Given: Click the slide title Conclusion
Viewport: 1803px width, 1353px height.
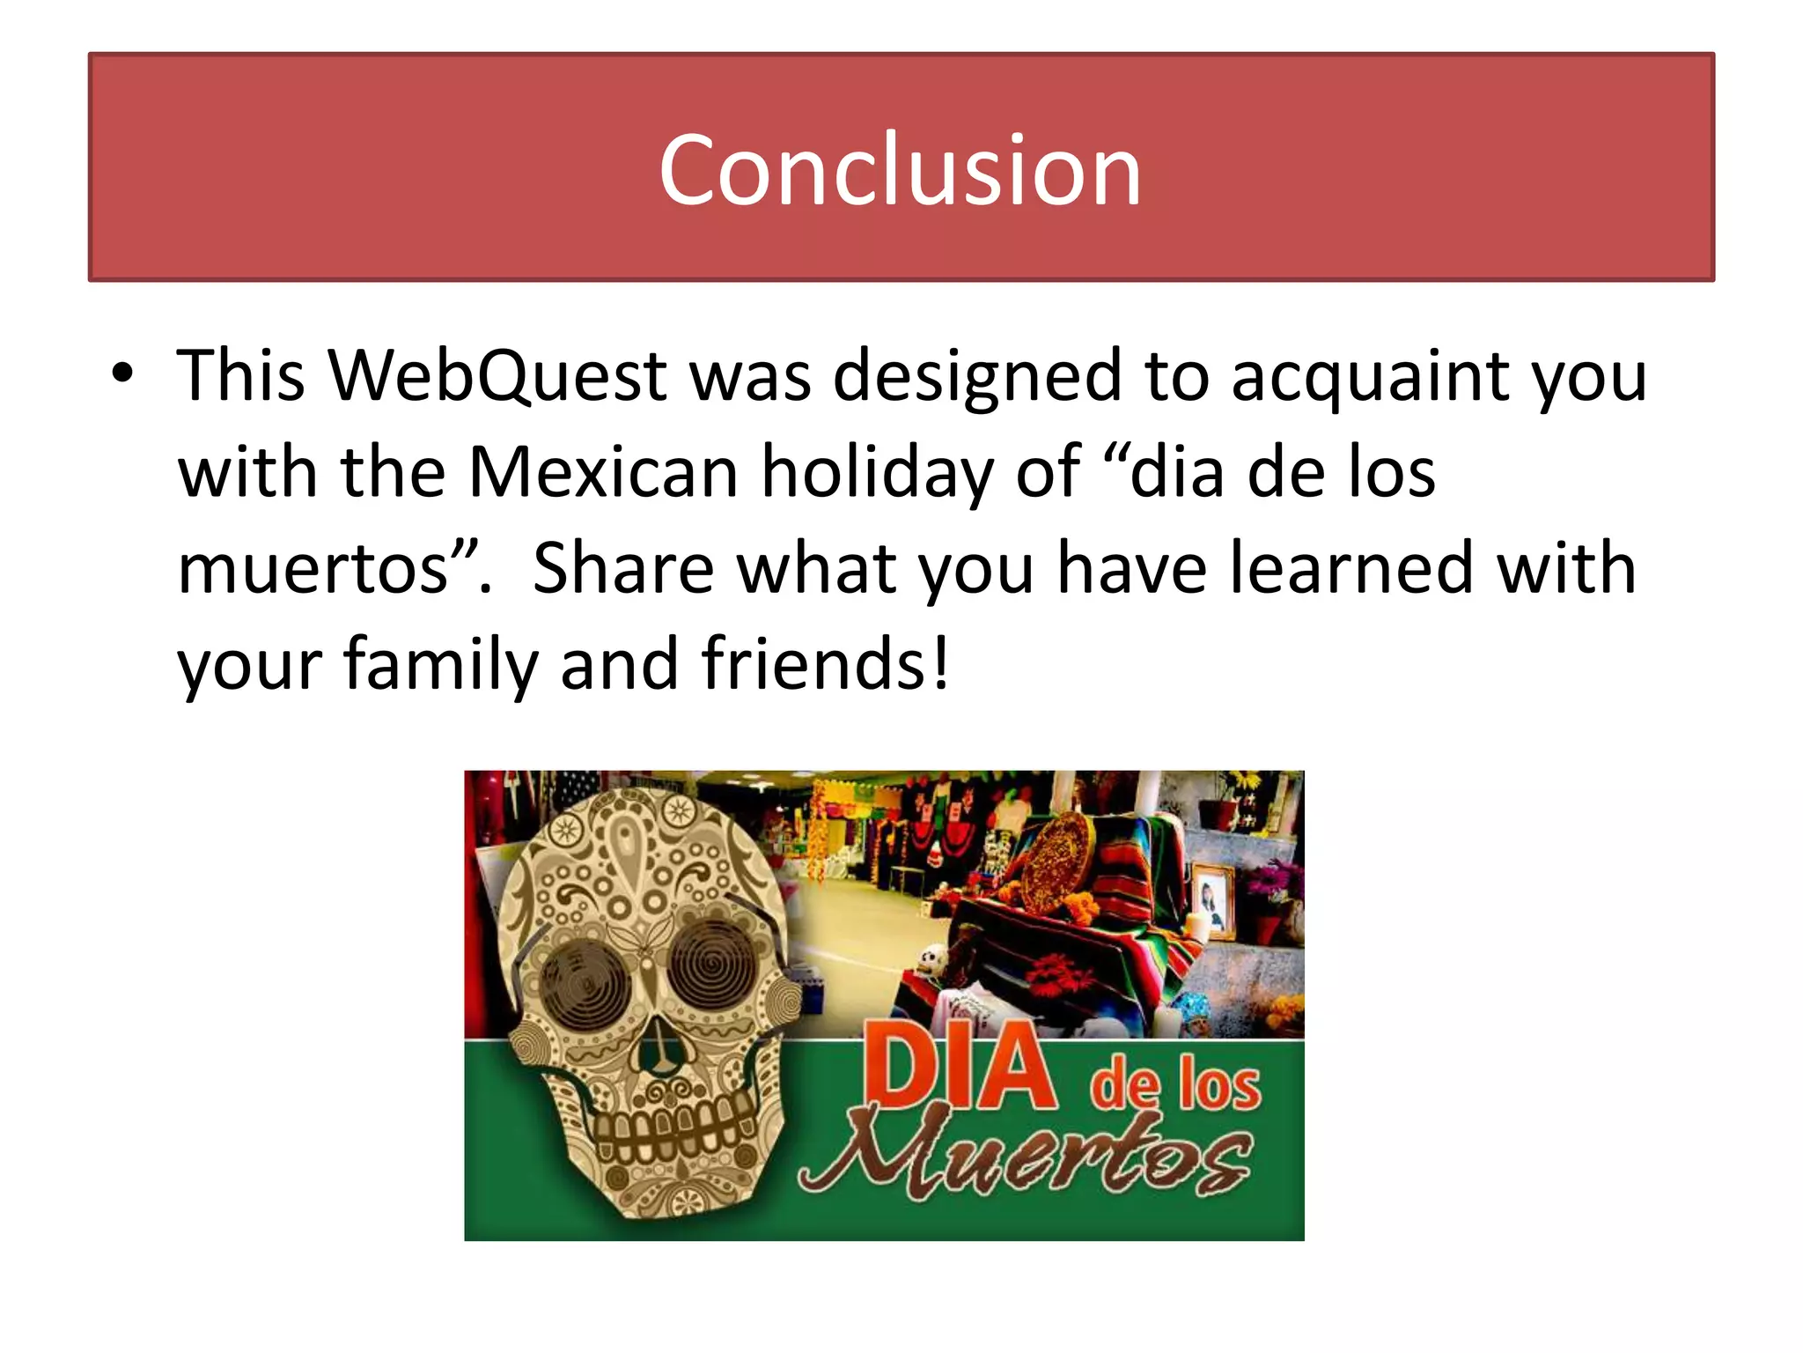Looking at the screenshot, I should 900,169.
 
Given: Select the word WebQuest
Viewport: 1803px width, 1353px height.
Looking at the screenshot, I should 497,376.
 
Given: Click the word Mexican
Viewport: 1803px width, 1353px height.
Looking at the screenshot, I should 603,473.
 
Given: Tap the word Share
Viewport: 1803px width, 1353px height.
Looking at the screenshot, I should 623,569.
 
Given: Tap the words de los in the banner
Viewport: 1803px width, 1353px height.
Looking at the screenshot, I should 1175,1085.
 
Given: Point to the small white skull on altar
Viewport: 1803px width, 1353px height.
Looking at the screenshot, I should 932,959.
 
